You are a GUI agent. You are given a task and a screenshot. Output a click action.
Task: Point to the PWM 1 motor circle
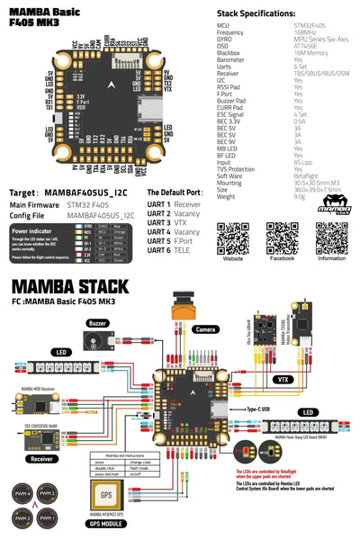(x=48, y=520)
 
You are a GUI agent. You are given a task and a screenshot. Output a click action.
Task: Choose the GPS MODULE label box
(x=107, y=522)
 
